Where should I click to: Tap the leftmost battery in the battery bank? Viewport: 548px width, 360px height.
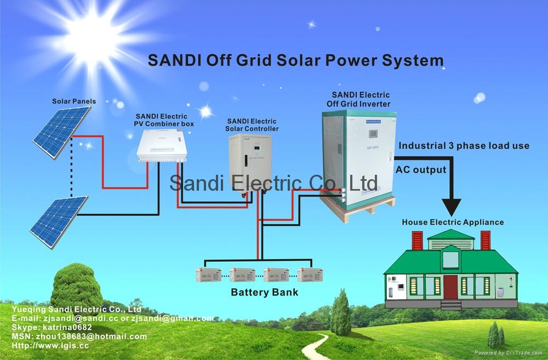[x=209, y=274]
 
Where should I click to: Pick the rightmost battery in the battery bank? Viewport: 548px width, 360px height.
[x=310, y=274]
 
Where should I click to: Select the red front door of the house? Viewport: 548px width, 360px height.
[x=450, y=287]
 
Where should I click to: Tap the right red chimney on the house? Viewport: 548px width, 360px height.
[x=485, y=240]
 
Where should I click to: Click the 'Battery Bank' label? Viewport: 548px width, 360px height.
[x=265, y=292]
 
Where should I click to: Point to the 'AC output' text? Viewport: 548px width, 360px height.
[x=421, y=170]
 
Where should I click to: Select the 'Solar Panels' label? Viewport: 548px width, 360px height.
[x=74, y=101]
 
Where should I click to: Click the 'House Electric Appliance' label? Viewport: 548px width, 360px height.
[x=453, y=222]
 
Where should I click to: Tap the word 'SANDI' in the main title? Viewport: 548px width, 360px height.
[x=174, y=60]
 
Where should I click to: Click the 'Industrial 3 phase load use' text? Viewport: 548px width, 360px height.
[x=464, y=146]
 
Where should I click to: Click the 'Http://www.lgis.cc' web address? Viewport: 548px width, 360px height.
[x=49, y=346]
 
